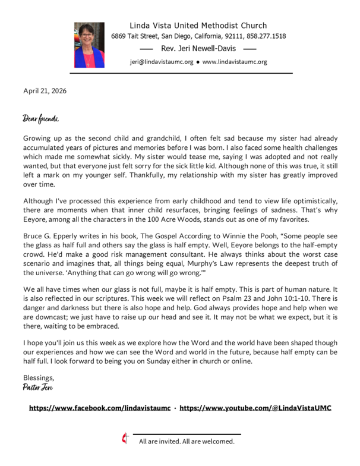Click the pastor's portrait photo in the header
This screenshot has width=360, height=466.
[89, 45]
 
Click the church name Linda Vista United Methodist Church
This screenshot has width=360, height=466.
[198, 26]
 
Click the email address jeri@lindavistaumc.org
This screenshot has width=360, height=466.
[160, 61]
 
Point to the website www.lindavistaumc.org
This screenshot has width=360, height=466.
[235, 61]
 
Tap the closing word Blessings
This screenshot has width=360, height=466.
[38, 377]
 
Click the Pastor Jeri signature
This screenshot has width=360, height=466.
[37, 387]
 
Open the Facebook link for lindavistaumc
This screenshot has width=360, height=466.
[100, 408]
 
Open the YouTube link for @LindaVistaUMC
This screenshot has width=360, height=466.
[255, 408]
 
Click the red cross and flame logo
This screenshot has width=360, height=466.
[124, 440]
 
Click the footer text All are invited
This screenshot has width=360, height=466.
[162, 442]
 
